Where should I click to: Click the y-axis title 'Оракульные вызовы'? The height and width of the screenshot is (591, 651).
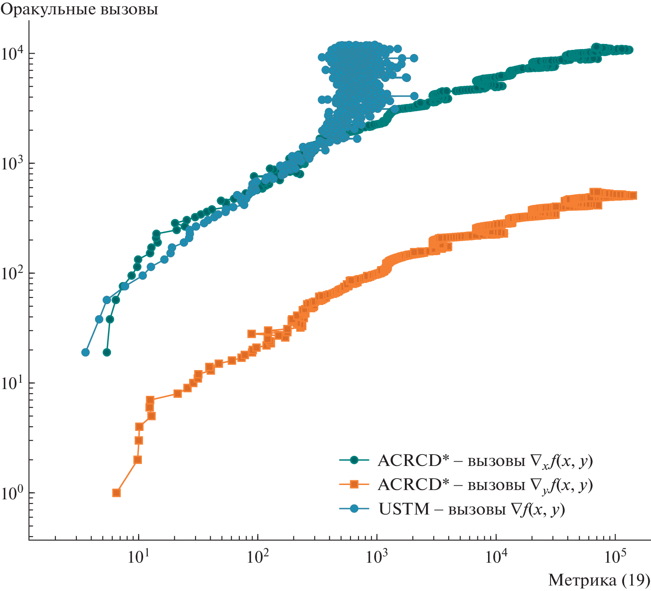[79, 9]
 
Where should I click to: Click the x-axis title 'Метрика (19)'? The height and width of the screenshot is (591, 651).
[599, 579]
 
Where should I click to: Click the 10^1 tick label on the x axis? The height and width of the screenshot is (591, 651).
[138, 556]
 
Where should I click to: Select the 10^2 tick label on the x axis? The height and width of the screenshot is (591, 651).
[257, 556]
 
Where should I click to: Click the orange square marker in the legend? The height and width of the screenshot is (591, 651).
[354, 484]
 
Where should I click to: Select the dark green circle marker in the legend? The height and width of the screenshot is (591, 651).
[354, 460]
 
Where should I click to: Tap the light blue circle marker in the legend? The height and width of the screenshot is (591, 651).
[354, 509]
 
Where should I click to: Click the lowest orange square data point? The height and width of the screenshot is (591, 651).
[117, 493]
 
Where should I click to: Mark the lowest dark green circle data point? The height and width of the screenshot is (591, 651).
[107, 352]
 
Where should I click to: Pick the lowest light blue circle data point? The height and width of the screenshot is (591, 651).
[85, 352]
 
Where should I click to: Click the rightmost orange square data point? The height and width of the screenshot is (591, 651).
[633, 195]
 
